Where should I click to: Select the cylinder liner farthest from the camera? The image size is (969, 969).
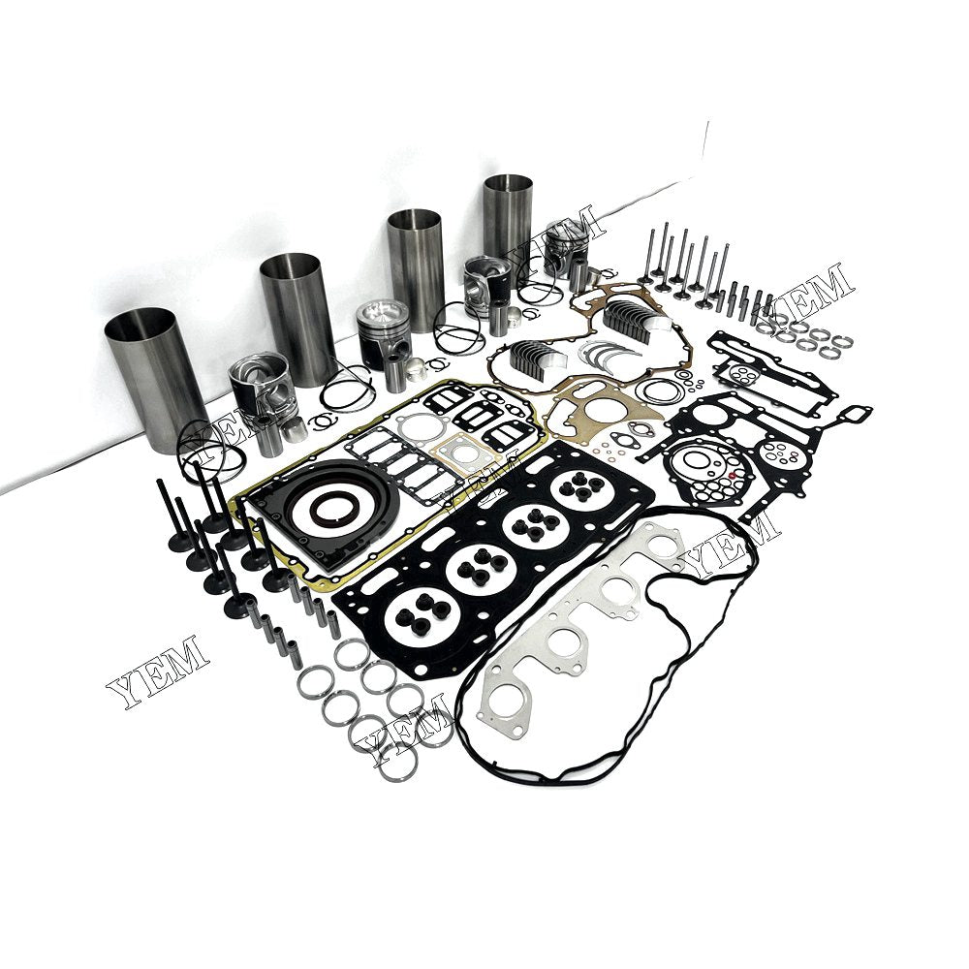[508, 218]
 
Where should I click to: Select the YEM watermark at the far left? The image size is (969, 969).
[156, 672]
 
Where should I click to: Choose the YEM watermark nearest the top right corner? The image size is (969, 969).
[813, 290]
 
